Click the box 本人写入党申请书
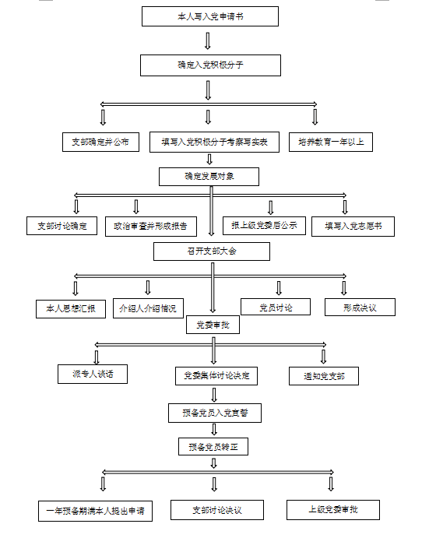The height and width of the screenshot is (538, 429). (210, 16)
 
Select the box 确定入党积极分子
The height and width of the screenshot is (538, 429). (210, 65)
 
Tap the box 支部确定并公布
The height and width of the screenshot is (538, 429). (100, 142)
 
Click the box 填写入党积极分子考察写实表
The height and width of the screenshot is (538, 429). (215, 142)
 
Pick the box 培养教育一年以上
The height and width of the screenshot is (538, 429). (331, 142)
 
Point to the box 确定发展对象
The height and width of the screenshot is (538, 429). (209, 177)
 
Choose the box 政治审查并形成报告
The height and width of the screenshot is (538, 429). (151, 227)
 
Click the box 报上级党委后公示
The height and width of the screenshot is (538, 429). (264, 226)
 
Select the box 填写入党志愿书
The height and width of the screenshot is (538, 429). (353, 227)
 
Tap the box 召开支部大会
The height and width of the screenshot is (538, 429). (212, 251)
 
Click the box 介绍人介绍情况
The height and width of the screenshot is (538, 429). (148, 308)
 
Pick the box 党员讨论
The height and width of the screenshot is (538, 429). (276, 307)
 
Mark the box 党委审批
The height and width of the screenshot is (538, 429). (213, 325)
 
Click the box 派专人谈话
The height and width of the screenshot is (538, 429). (93, 374)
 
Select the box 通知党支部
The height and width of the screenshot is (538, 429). (324, 376)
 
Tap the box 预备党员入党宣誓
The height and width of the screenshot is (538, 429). (215, 413)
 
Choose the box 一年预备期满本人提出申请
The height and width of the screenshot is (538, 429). (96, 512)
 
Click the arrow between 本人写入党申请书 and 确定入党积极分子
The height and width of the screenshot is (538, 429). (208, 40)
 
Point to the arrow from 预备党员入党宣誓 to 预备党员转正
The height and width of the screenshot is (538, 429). (214, 430)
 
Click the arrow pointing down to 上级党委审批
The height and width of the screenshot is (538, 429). (331, 484)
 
